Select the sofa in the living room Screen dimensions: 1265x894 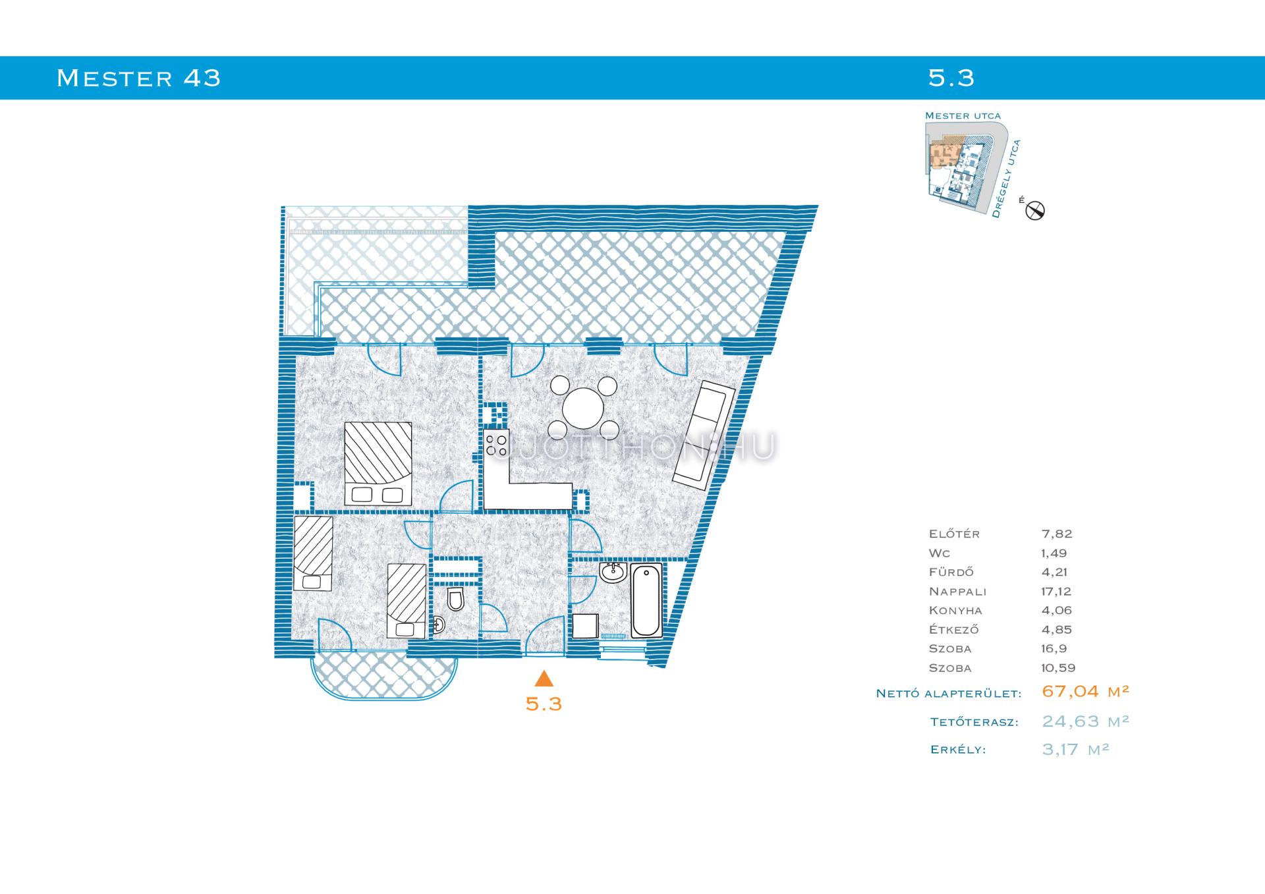coord(704,435)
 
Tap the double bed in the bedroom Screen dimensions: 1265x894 coord(378,464)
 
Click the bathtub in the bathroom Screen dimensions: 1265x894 coord(646,600)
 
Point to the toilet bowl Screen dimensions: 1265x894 coord(455,599)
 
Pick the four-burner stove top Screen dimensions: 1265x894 coord(497,443)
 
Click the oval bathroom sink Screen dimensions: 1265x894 coord(614,572)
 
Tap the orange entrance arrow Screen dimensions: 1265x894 coord(544,679)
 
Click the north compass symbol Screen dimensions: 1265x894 coord(1035,210)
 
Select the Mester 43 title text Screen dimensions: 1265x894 coord(138,78)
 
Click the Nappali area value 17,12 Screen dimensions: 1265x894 coord(1056,592)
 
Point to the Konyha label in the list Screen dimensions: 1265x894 coord(955,611)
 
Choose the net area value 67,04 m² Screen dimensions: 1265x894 coord(1086,691)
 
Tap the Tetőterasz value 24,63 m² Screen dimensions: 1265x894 coord(1086,721)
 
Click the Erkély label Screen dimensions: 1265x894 coord(958,750)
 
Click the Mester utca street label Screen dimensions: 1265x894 coord(963,116)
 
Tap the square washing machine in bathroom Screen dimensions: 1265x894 coord(585,626)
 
